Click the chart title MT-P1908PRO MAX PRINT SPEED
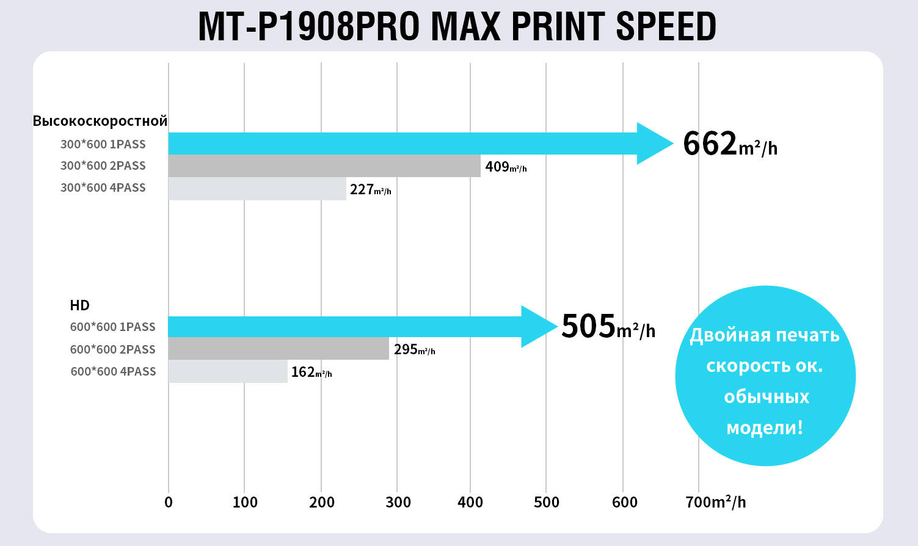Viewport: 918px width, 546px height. pyautogui.click(x=457, y=26)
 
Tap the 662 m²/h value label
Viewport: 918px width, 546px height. pyautogui.click(x=729, y=144)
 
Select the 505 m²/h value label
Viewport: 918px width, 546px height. pyautogui.click(x=608, y=327)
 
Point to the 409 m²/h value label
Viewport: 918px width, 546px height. pyautogui.click(x=505, y=166)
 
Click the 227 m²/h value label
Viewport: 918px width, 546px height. pyautogui.click(x=370, y=190)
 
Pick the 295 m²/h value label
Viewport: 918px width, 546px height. pyautogui.click(x=414, y=349)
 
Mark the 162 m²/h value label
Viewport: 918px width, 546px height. pyautogui.click(x=311, y=372)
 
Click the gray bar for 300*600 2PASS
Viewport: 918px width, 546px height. pyautogui.click(x=324, y=166)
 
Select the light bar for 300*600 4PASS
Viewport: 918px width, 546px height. pyautogui.click(x=257, y=189)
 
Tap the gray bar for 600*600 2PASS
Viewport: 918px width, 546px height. pyautogui.click(x=278, y=349)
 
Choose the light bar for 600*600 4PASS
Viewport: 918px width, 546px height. pyautogui.click(x=227, y=371)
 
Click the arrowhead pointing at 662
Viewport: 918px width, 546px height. pyautogui.click(x=654, y=144)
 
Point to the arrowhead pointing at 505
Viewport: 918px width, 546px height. pyautogui.click(x=538, y=327)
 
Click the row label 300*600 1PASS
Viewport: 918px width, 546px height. pyautogui.click(x=103, y=144)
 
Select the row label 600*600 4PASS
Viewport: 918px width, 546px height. pyautogui.click(x=113, y=371)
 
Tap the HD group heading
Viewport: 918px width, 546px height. pyautogui.click(x=79, y=305)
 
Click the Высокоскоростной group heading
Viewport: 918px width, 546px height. pyautogui.click(x=100, y=121)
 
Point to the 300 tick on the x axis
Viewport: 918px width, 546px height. pyautogui.click(x=398, y=502)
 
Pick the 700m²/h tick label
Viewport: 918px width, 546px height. pyautogui.click(x=715, y=502)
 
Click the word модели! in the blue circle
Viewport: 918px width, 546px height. pyautogui.click(x=764, y=427)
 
